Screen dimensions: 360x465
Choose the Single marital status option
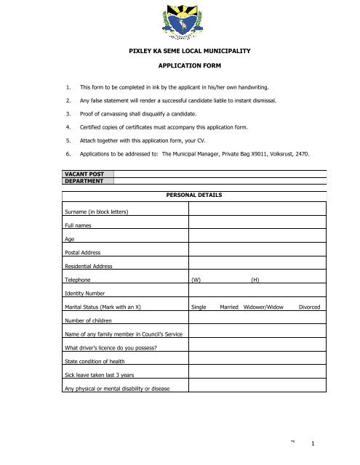point(199,307)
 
